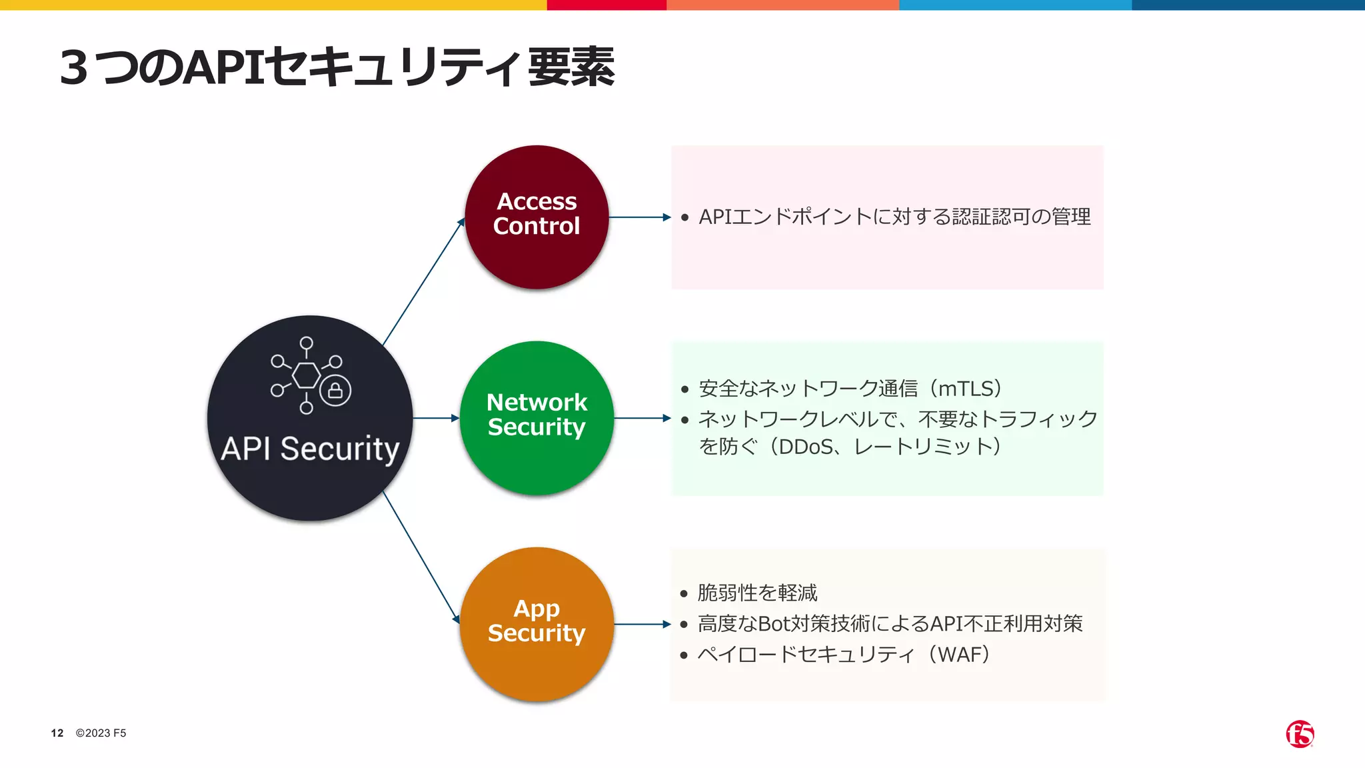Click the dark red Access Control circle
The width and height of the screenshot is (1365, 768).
[x=537, y=217]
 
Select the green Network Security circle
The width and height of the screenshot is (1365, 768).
[x=537, y=418]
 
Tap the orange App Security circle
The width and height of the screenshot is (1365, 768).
[x=537, y=624]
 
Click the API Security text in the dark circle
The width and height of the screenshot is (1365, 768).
[x=310, y=449]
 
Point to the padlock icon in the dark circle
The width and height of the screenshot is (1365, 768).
[x=335, y=390]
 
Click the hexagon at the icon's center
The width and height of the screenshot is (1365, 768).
[x=307, y=375]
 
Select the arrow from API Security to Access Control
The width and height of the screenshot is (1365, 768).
[x=423, y=282]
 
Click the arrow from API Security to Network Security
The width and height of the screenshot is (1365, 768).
[x=436, y=418]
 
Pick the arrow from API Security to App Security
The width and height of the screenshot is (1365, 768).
[x=421, y=557]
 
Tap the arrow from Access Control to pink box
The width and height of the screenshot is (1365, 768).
[x=639, y=217]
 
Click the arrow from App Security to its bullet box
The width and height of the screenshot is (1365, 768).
[x=642, y=624]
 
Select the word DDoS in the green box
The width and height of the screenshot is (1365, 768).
[x=806, y=447]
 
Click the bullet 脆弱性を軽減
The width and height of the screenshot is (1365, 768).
[x=757, y=593]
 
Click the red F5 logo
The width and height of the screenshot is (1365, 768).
[x=1300, y=734]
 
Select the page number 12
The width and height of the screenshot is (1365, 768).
[x=57, y=733]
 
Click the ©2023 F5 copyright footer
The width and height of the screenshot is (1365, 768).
[x=101, y=733]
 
